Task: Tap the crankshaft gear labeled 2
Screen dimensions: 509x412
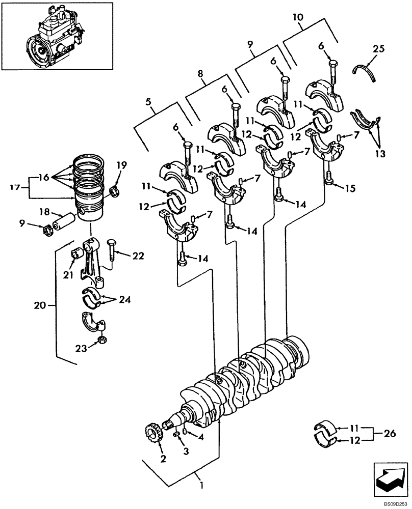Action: [x=154, y=431]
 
